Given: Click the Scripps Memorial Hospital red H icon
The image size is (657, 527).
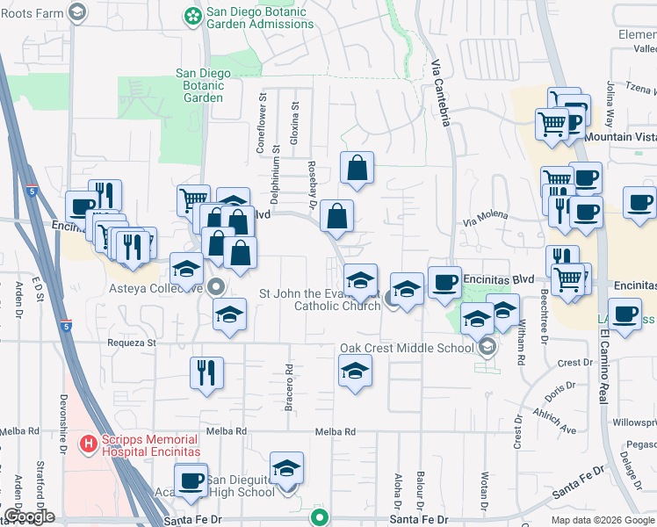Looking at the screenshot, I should (x=88, y=444).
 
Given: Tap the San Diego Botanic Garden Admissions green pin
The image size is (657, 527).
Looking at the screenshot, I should (x=192, y=15).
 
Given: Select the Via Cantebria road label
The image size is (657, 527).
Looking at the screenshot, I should (x=441, y=92).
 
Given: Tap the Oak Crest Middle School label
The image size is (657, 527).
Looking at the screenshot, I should (x=407, y=348).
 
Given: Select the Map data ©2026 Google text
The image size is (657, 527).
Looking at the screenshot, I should (x=603, y=520).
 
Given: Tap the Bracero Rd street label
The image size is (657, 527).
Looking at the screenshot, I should (x=287, y=387).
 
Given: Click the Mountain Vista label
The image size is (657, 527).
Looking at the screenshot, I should (x=620, y=137).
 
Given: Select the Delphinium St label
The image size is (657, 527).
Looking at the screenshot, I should (x=275, y=175).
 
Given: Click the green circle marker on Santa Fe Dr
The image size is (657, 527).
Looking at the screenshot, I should (x=321, y=517).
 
